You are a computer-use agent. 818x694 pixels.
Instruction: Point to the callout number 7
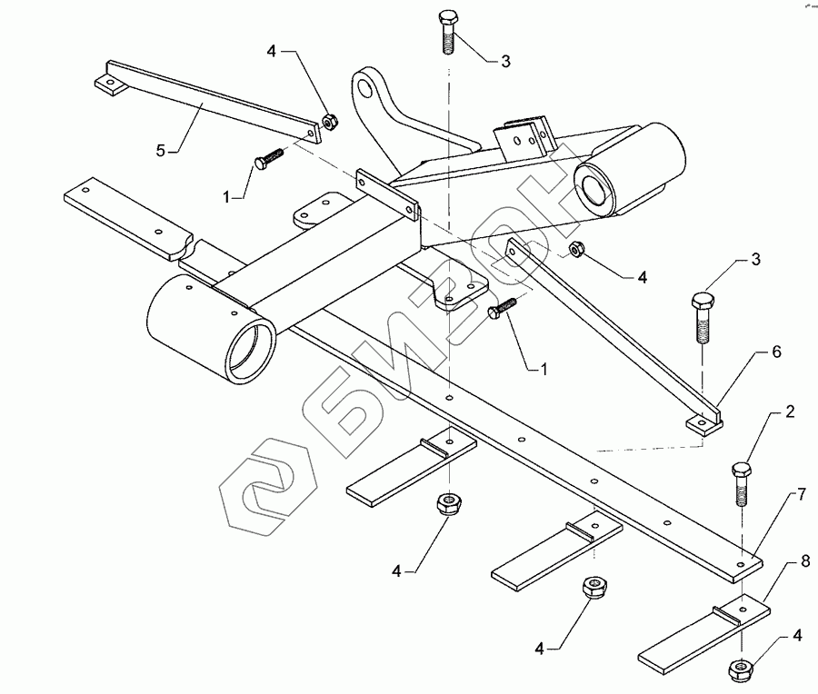pyautogui.click(x=801, y=495)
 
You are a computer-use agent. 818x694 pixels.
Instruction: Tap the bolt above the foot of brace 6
pyautogui.click(x=703, y=317)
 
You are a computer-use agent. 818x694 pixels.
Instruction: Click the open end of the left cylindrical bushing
pyautogui.click(x=254, y=348)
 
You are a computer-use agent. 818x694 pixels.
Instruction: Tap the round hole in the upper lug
pyautogui.click(x=365, y=89)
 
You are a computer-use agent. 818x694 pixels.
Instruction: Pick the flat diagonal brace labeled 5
pyautogui.click(x=209, y=103)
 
